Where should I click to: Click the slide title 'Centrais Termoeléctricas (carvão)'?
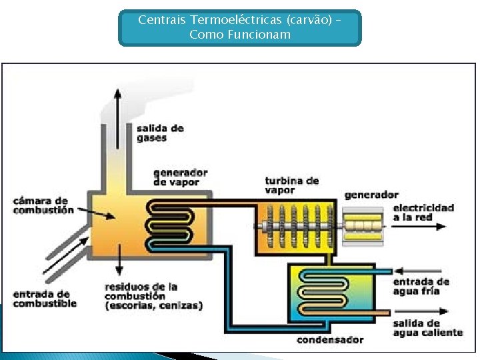239,27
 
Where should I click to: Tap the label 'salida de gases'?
160,133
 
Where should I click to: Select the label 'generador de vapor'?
180,177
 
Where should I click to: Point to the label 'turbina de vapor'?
291,185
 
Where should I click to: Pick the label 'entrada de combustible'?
45,299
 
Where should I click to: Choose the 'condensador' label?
330,340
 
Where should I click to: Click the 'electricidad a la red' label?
423,212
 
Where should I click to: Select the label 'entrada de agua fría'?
421,286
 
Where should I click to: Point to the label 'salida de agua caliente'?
427,328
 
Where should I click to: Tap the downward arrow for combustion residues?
118,260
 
